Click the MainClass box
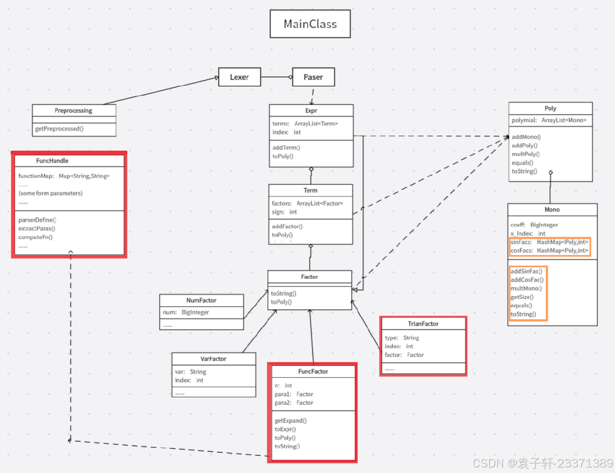coord(310,24)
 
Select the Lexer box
coord(239,77)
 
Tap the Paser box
coord(313,77)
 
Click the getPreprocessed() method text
coord(60,129)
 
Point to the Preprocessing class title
coord(74,110)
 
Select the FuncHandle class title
coord(52,161)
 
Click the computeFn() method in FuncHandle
coord(35,237)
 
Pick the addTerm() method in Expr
coord(286,148)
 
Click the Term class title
coord(310,190)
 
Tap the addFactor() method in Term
coord(287,226)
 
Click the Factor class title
coord(309,277)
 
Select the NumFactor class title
coord(201,300)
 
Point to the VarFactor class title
coord(213,359)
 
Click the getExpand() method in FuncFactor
coord(291,421)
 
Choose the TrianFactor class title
coord(423,324)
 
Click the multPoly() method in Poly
coord(525,154)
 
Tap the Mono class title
coord(552,210)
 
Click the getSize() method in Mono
coord(522,297)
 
